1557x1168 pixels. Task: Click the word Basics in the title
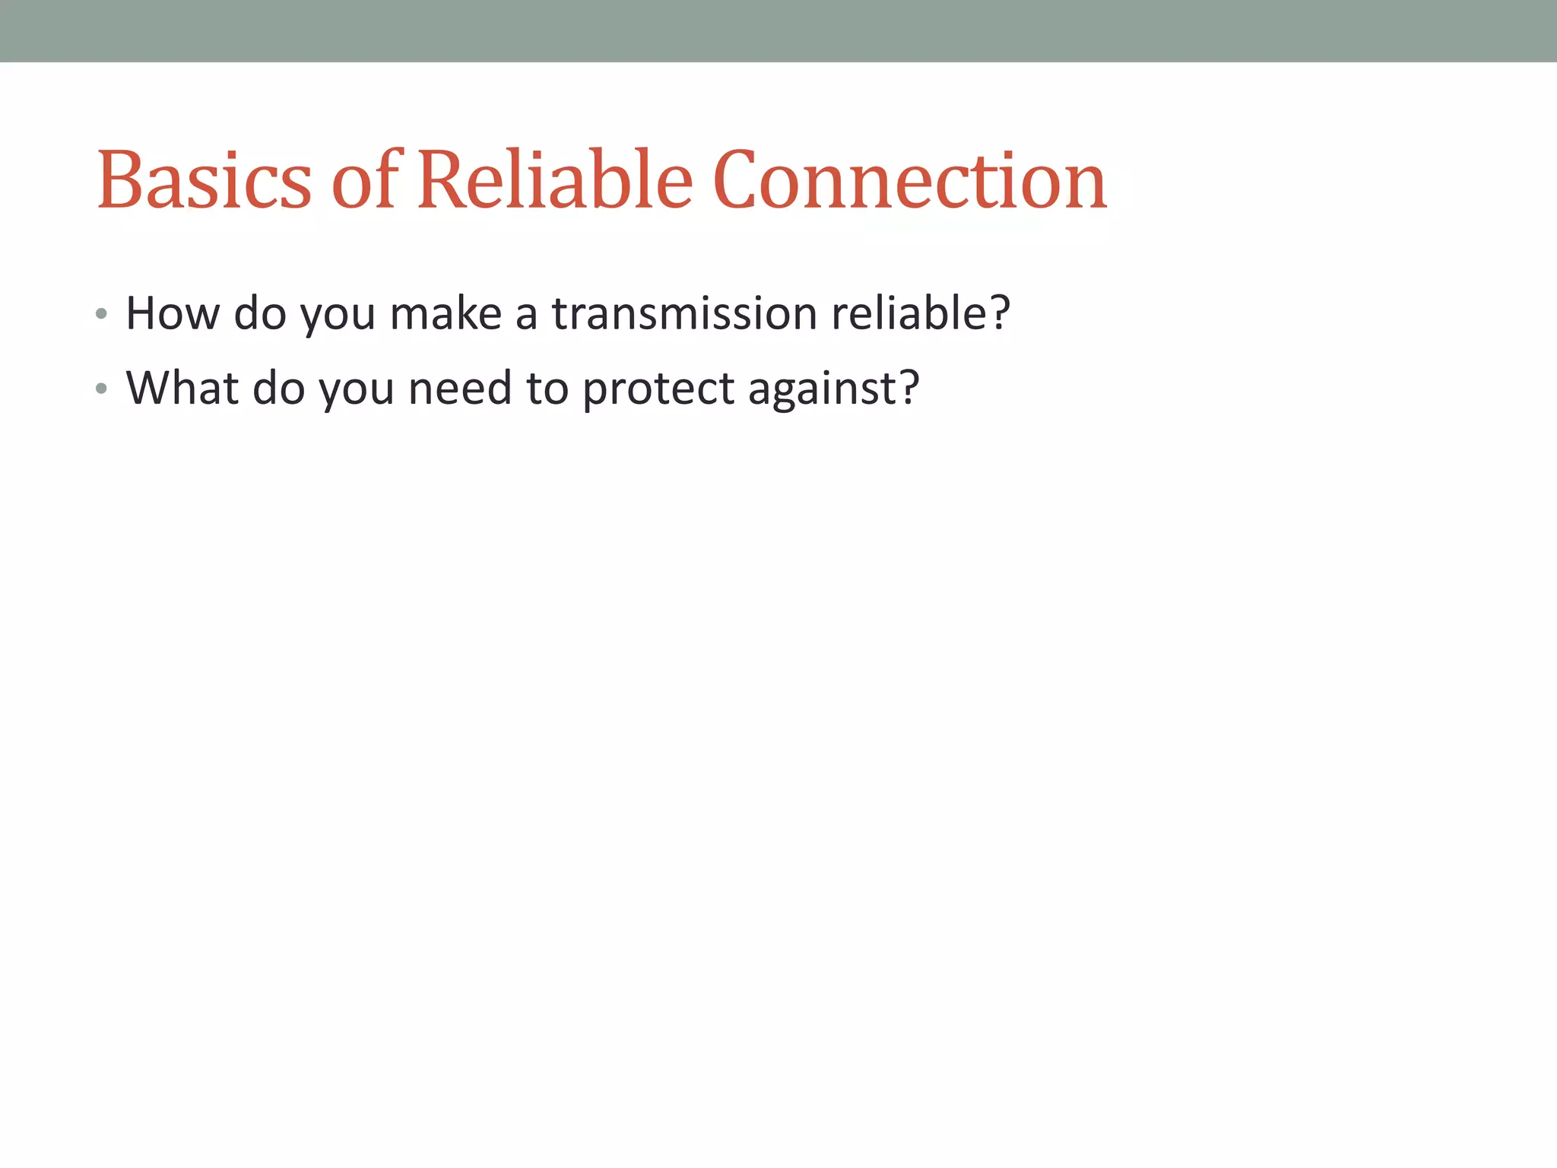point(204,180)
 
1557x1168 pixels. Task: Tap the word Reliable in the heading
point(555,180)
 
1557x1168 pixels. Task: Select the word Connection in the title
point(909,180)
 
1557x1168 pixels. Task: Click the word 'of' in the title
point(365,180)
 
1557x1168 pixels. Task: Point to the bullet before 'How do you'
point(102,314)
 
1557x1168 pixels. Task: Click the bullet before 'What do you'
point(102,389)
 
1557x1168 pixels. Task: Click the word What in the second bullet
point(182,388)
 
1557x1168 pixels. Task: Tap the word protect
point(658,389)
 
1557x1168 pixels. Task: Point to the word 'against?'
point(833,389)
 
